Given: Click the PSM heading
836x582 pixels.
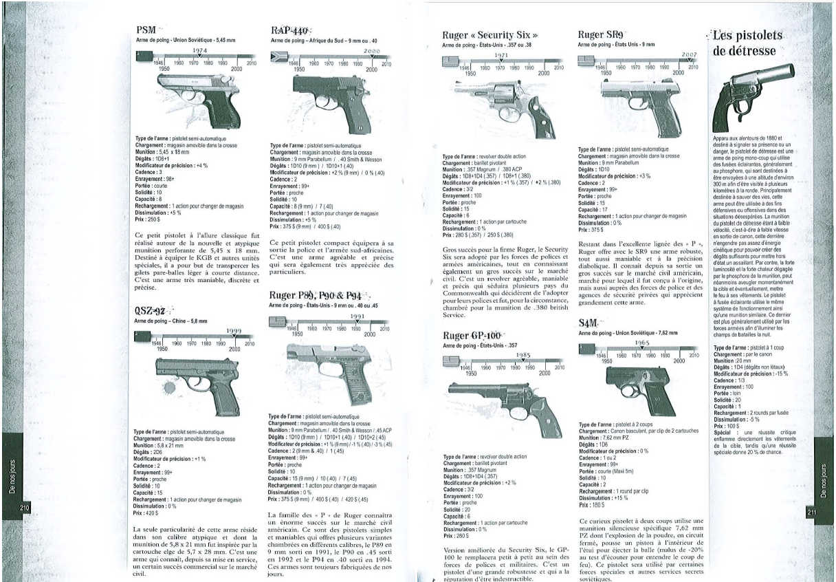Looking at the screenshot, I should (x=146, y=31).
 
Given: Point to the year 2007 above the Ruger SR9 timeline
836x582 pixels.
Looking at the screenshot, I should (x=689, y=54).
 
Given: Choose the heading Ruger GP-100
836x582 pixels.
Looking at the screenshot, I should (x=474, y=336).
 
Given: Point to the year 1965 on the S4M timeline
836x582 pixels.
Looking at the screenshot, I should (x=642, y=343).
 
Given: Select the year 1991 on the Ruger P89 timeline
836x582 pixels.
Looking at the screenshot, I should (x=357, y=316).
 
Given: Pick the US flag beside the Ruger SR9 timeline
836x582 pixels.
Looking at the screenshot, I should (x=586, y=61).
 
